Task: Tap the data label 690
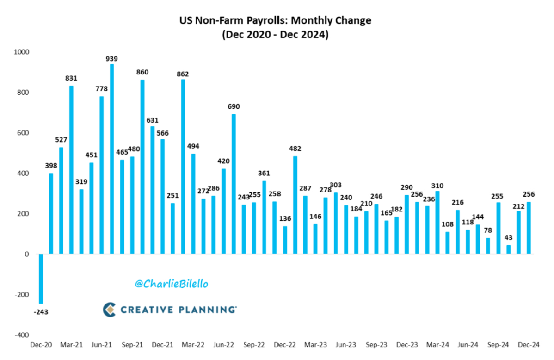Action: point(234,106)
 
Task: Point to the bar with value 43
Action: point(509,249)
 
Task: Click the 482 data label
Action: point(295,149)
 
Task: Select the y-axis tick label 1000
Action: point(21,52)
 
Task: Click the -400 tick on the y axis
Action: point(21,335)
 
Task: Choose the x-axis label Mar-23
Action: point(316,345)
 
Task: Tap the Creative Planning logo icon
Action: point(109,309)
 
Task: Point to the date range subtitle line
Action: point(275,35)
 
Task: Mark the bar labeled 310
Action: point(437,223)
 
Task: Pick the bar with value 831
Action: point(71,170)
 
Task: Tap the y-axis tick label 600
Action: point(23,133)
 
